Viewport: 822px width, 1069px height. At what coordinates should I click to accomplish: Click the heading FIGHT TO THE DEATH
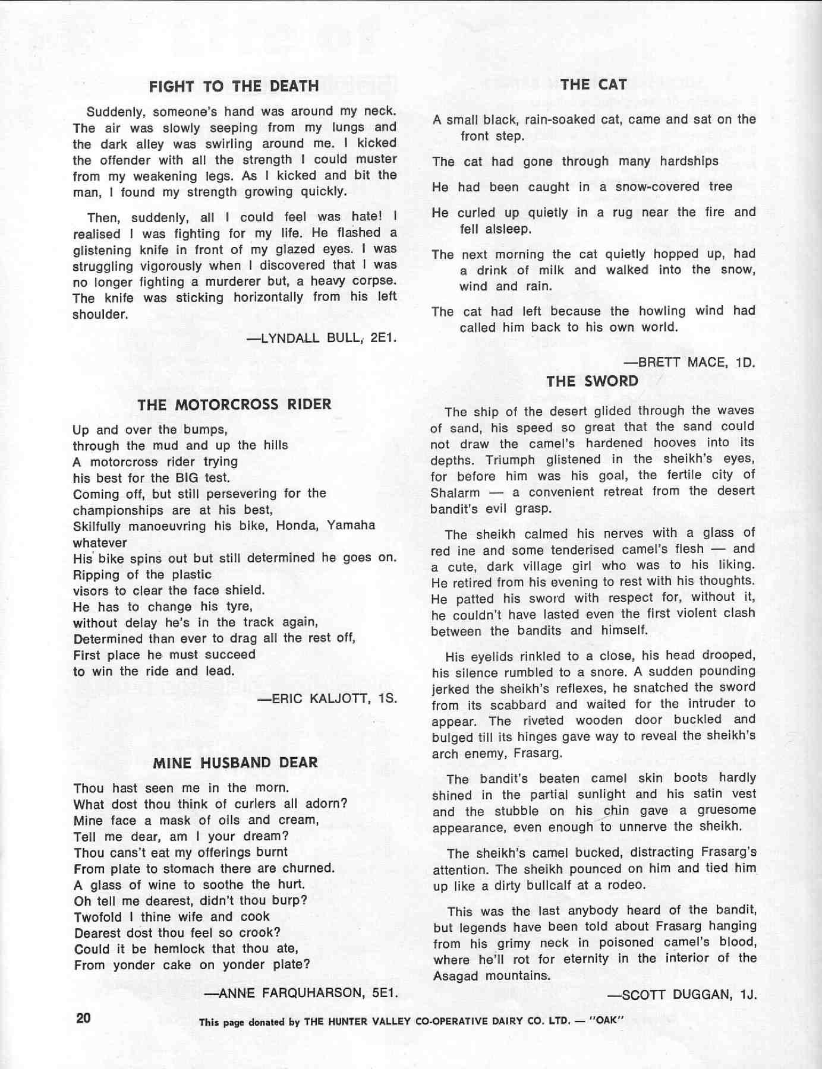click(234, 86)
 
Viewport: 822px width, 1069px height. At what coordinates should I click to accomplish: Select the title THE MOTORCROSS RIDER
click(234, 405)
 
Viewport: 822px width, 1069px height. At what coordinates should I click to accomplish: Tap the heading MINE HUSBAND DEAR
click(235, 763)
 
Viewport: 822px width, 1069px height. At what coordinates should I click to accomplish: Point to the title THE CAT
click(593, 85)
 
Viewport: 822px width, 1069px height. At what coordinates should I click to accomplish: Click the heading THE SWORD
click(592, 381)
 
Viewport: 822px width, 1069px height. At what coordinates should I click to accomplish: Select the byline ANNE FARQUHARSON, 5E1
click(300, 992)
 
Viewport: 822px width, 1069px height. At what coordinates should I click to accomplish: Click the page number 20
click(83, 1018)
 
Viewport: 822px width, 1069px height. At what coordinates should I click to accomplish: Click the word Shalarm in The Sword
click(455, 493)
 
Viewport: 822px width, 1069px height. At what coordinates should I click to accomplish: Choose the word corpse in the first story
click(373, 281)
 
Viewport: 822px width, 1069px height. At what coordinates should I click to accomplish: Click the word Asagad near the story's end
click(456, 976)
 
